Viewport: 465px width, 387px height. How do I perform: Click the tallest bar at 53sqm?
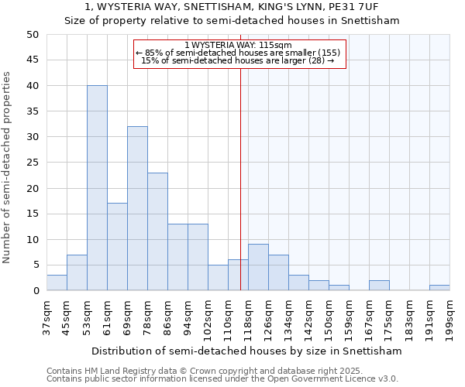(x=97, y=188)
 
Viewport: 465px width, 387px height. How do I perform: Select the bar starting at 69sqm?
(x=137, y=208)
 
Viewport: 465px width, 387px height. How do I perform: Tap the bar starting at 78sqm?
(x=157, y=231)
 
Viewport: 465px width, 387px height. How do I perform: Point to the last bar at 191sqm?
(x=439, y=288)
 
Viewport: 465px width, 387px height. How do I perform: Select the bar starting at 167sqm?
(x=379, y=286)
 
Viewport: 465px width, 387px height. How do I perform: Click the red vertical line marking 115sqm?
(x=240, y=178)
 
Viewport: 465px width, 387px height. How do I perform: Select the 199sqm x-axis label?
(x=449, y=317)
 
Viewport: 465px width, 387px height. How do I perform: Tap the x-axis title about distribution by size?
(x=246, y=351)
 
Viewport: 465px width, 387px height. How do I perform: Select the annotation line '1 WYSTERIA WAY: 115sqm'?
(x=239, y=45)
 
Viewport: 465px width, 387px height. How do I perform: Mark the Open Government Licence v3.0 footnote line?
(x=222, y=378)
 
